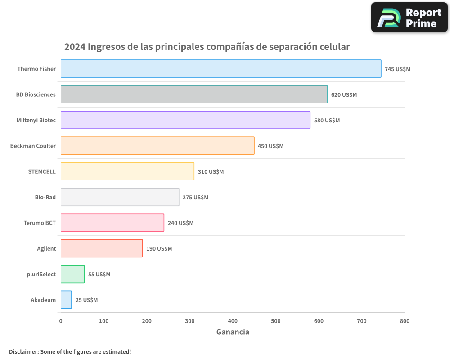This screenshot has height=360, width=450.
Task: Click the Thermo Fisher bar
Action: (x=220, y=69)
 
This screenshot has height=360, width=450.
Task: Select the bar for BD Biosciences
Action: (x=194, y=94)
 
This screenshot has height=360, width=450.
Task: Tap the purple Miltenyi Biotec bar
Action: (x=185, y=120)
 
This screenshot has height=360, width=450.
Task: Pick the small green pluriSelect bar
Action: (x=72, y=274)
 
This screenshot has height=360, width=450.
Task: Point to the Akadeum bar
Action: (x=66, y=300)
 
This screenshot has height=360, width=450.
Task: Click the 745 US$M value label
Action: (x=397, y=69)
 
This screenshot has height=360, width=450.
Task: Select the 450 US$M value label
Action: (x=270, y=146)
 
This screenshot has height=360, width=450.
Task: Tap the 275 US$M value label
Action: (x=195, y=198)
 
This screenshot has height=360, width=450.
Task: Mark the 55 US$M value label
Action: (x=99, y=274)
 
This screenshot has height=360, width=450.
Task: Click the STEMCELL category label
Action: (x=42, y=171)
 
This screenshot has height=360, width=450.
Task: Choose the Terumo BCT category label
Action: (x=40, y=223)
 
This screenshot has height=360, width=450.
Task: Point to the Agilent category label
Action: (x=46, y=248)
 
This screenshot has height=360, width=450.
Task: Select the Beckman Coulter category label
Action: (x=33, y=146)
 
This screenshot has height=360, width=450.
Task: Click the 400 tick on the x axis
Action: (x=233, y=321)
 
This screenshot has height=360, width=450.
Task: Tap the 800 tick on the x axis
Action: (x=405, y=321)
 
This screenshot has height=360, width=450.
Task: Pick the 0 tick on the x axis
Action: (x=61, y=321)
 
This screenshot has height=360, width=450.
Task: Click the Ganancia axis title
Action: (x=233, y=332)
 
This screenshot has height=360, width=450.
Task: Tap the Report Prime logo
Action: (x=409, y=18)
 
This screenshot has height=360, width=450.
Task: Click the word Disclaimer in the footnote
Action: (x=23, y=352)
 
